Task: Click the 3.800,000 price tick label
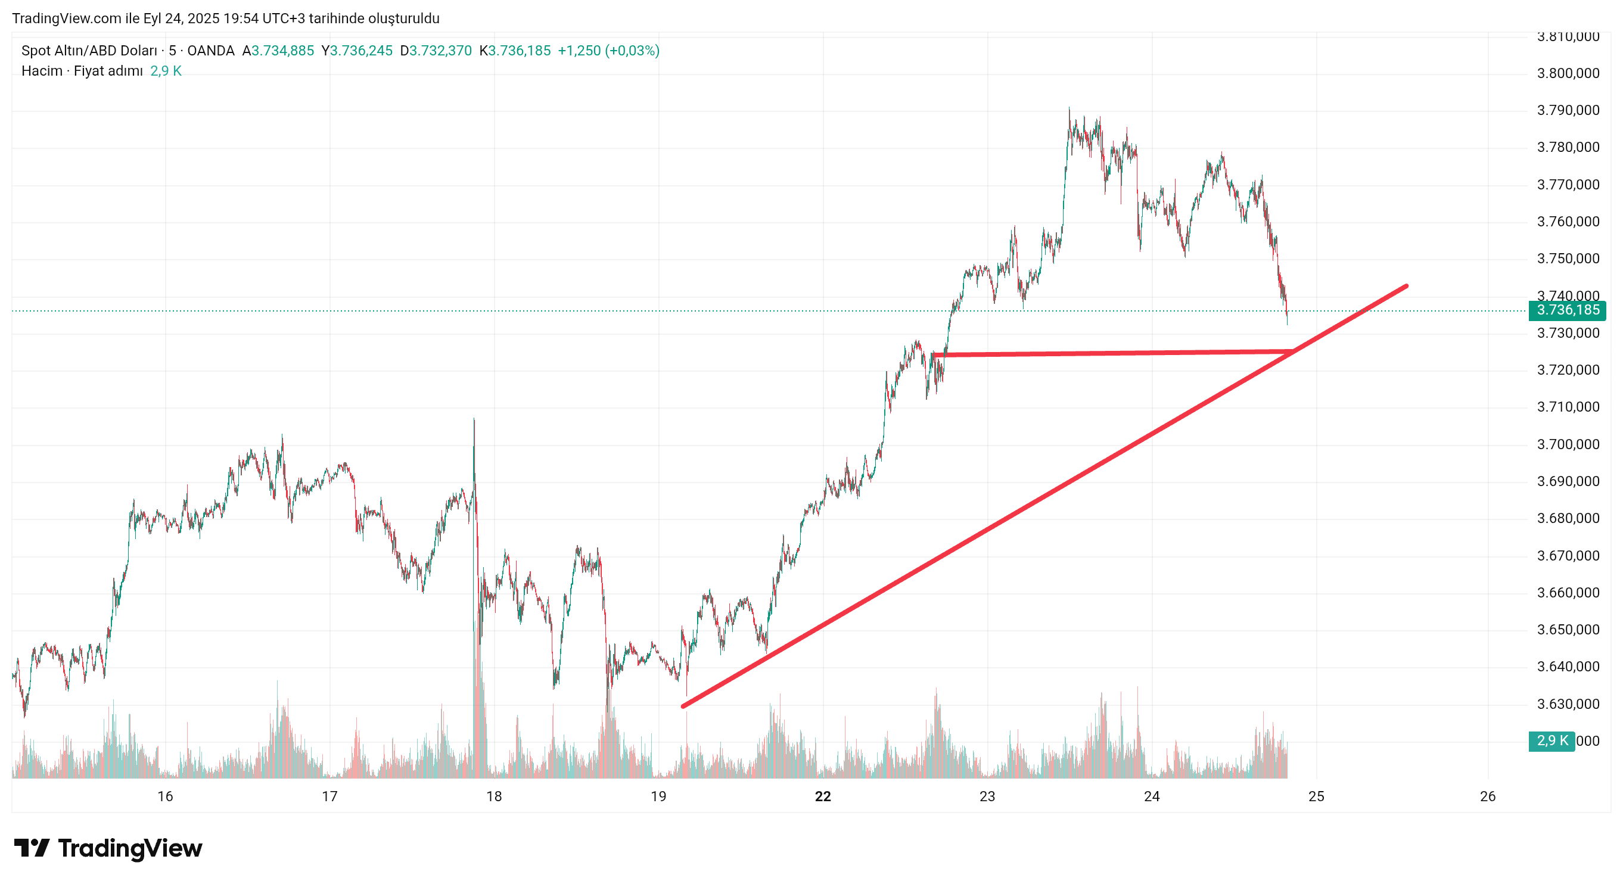tap(1568, 73)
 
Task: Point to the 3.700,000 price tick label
tap(1568, 444)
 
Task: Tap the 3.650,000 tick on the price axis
tap(1568, 630)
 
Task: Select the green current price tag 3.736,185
tap(1567, 310)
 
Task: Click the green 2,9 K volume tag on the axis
tap(1551, 740)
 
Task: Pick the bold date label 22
tap(822, 796)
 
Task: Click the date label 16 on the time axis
tap(165, 796)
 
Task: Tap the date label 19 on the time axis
tap(658, 796)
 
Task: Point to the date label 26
tap(1488, 796)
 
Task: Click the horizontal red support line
tap(1115, 353)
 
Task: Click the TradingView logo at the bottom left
tap(108, 848)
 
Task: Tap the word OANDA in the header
tap(210, 51)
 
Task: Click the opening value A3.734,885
tap(278, 51)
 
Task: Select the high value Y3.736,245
tap(357, 51)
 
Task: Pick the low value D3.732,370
tap(436, 51)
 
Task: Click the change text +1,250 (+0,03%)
tap(609, 51)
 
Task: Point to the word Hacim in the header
tap(42, 70)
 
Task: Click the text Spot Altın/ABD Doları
tap(89, 51)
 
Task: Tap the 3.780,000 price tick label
tap(1568, 148)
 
